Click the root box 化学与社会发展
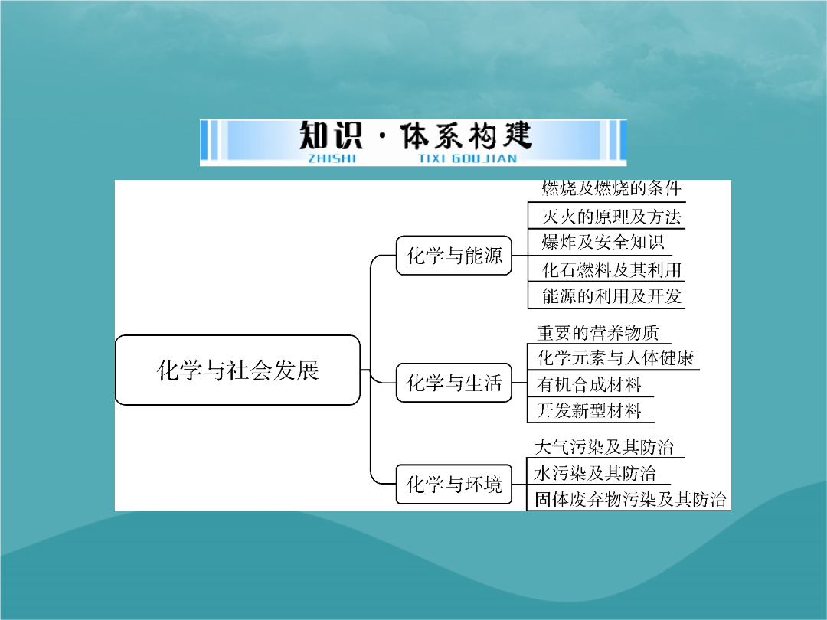pos(237,370)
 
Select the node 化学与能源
pos(454,256)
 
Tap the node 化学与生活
pos(454,383)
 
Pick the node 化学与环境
pos(454,484)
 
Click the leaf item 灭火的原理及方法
pos(612,217)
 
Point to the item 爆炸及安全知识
pos(603,243)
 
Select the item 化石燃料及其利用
pos(612,270)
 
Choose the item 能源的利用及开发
pos(612,296)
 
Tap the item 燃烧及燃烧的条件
pos(612,188)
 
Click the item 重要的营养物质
pos(598,333)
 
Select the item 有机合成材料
pos(589,384)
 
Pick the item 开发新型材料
pos(589,411)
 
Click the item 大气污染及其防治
pos(604,447)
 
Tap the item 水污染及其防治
pos(596,474)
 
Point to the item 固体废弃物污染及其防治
pos(630,499)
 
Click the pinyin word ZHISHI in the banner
pos(332,158)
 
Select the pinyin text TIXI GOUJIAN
pos(468,158)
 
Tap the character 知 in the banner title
pos(315,135)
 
